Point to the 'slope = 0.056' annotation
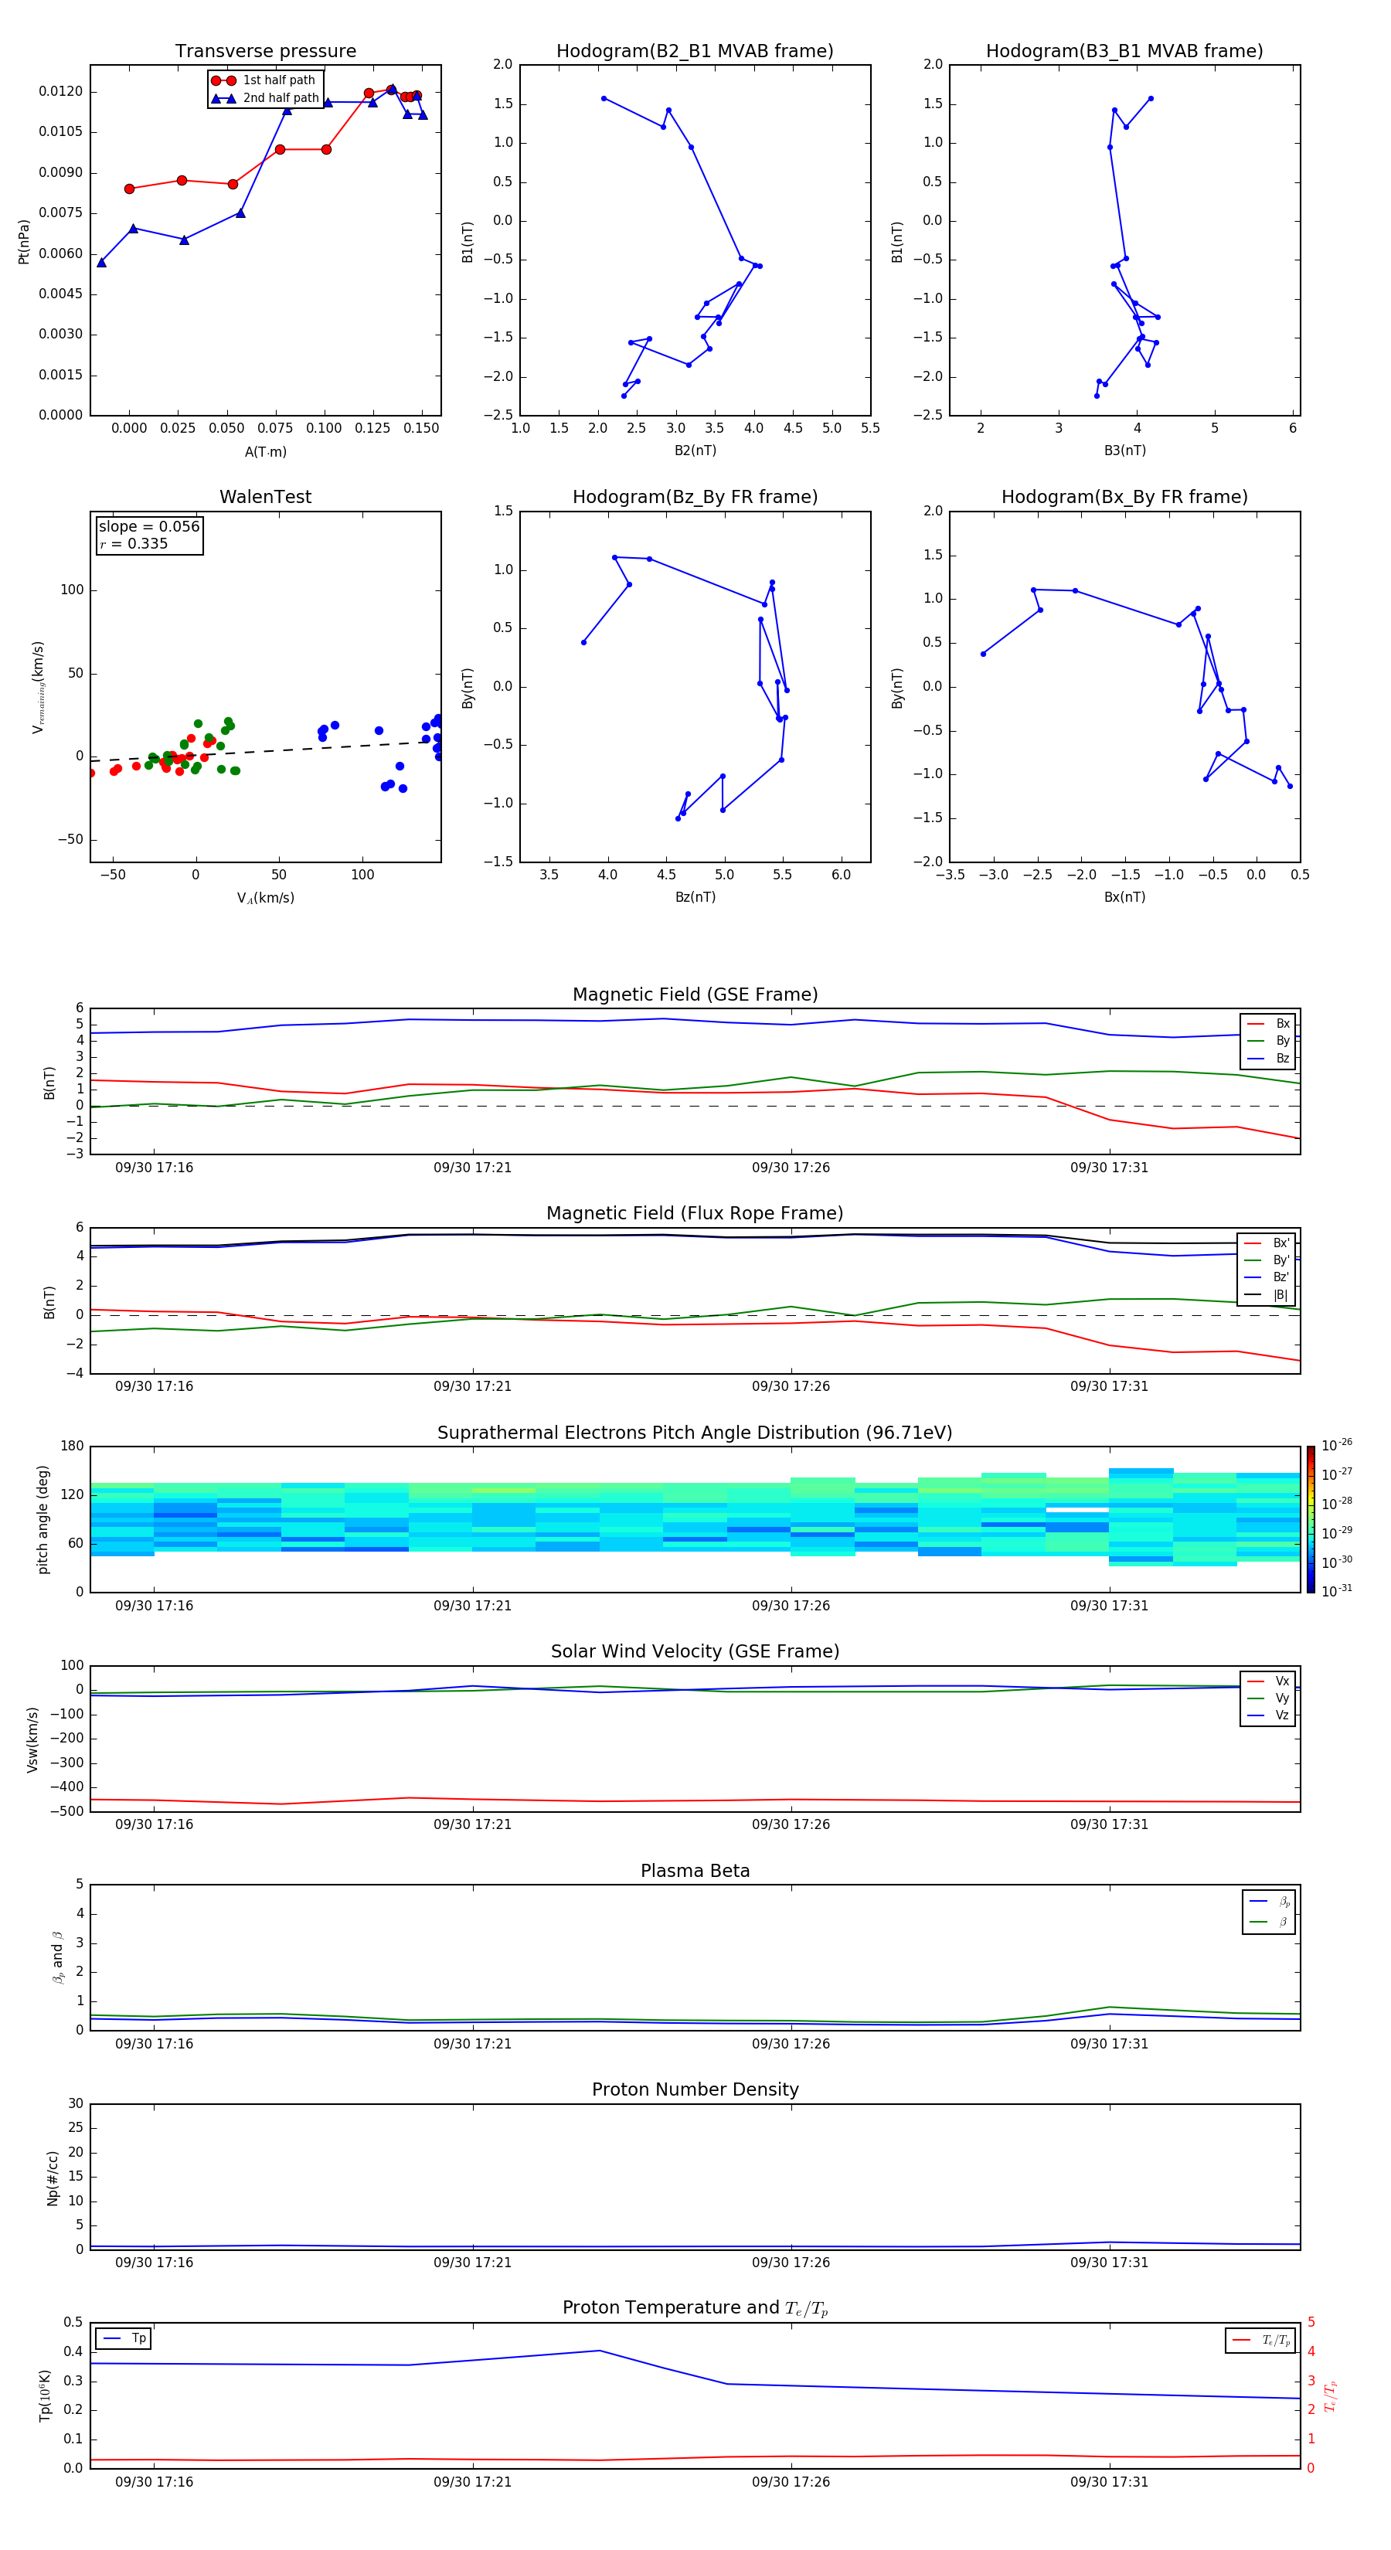148,527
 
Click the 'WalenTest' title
265,497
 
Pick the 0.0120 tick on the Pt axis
60,92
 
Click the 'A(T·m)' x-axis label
265,452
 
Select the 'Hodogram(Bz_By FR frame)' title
695,497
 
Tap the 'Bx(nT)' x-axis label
1124,897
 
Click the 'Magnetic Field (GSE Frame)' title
695,994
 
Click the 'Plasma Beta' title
695,1871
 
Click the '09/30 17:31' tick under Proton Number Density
1109,2262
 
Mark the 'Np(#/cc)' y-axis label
53,2178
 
